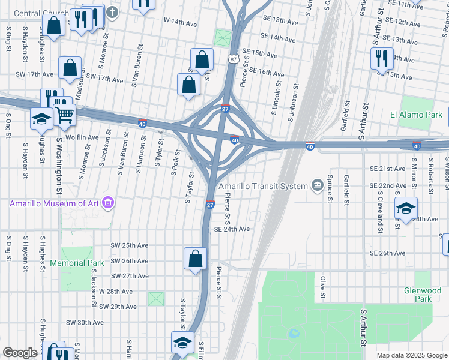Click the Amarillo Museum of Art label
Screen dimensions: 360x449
55,203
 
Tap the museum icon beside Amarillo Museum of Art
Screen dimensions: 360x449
109,203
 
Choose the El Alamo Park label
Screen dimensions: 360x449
416,115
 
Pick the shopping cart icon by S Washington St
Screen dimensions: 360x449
65,114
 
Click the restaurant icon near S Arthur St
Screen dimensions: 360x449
382,58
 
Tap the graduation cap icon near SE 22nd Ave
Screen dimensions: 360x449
406,209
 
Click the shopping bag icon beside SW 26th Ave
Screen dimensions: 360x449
196,259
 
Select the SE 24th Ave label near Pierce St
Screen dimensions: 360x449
232,229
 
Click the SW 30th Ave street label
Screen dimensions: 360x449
85,322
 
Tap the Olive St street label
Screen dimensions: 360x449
323,287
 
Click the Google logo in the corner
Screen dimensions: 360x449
20,353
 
